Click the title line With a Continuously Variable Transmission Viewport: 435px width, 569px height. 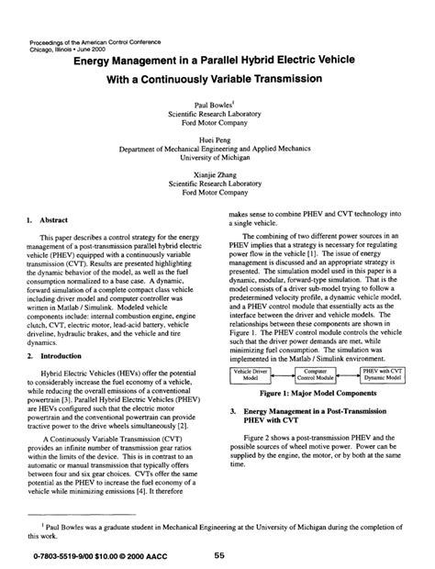point(217,80)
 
